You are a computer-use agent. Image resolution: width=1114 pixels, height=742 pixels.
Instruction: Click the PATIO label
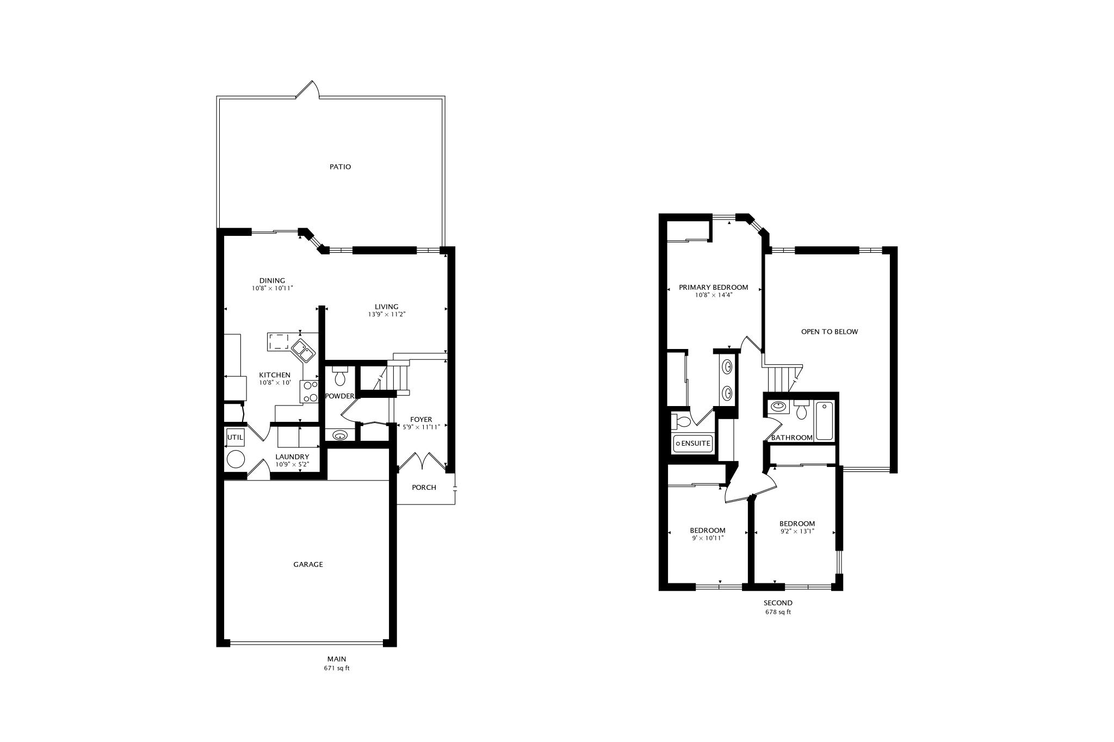tap(340, 167)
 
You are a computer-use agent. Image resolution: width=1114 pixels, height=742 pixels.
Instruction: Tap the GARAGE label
tap(308, 564)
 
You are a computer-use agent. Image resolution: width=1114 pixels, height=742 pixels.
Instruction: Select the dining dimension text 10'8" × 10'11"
tap(272, 289)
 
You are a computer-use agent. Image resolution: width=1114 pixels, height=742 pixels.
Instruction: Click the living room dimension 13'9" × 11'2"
tap(387, 314)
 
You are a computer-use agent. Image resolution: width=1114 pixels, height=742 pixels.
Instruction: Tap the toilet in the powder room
tap(340, 376)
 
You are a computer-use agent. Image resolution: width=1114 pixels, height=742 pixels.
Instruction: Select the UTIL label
tap(235, 437)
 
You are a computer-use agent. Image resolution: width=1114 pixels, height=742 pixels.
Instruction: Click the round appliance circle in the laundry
tap(236, 459)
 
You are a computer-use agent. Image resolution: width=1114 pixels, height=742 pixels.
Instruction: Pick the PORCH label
tap(424, 488)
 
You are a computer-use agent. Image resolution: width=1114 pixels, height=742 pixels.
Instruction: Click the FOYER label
tap(421, 419)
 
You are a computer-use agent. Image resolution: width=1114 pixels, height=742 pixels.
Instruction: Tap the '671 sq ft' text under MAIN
tap(336, 668)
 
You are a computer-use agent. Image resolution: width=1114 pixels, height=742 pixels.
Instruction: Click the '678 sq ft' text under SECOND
tap(778, 612)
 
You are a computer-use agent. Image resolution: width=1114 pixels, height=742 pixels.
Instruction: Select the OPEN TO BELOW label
tap(829, 332)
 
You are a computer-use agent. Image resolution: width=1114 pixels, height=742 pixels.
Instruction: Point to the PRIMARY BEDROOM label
tap(713, 288)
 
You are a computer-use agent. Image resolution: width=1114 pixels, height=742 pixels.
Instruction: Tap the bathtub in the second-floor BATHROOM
tap(824, 420)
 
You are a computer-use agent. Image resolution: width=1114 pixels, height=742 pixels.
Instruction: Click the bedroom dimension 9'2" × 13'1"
tap(797, 532)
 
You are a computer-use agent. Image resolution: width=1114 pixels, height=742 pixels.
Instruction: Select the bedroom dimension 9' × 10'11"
tap(707, 538)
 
